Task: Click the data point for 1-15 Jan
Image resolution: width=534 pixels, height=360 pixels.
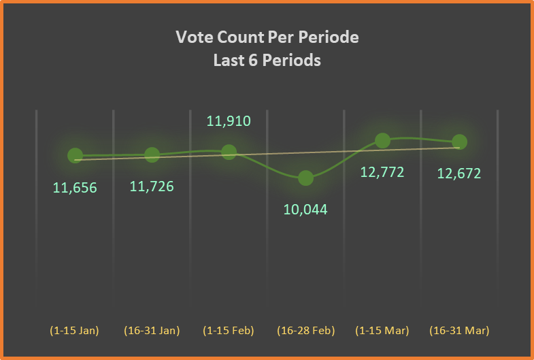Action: (76, 155)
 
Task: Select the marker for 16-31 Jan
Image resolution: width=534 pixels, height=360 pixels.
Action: (152, 154)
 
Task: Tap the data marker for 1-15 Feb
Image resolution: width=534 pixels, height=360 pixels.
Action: (229, 151)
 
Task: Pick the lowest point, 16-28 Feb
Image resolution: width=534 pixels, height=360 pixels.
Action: (306, 178)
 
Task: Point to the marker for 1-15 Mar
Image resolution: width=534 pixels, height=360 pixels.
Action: (382, 140)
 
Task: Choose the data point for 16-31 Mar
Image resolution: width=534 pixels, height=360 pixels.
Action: (459, 142)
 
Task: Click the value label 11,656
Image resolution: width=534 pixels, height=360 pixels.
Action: (75, 188)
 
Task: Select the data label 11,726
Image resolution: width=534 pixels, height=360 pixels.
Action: (152, 186)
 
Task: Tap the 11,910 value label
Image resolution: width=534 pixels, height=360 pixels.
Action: (229, 122)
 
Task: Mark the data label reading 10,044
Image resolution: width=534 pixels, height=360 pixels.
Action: (305, 209)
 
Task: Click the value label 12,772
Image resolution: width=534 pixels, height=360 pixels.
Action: (382, 172)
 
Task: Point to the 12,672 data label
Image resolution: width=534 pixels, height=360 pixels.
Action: (459, 174)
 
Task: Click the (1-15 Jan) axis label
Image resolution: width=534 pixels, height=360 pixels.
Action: (75, 331)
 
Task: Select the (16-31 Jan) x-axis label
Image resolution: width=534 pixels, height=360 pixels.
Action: (152, 331)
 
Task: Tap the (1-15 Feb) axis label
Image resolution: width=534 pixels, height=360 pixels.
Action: (229, 331)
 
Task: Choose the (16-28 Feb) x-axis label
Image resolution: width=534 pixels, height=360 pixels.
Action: (305, 331)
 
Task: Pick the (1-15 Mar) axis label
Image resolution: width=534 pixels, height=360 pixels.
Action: (382, 331)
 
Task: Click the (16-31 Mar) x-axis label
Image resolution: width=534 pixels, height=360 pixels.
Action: (459, 331)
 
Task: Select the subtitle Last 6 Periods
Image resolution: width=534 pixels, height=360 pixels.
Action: (267, 60)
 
